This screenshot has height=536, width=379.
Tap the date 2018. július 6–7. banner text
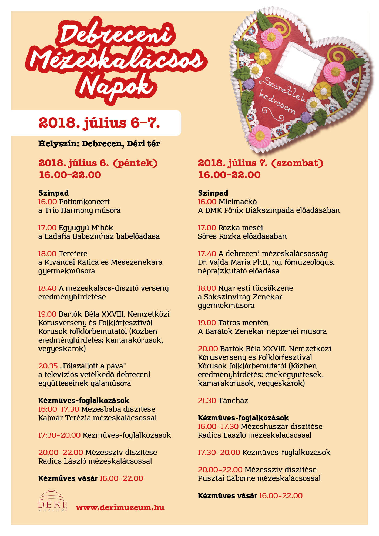pyautogui.click(x=99, y=123)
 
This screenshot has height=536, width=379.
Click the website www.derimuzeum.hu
pyautogui.click(x=120, y=507)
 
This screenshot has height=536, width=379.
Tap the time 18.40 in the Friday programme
pyautogui.click(x=47, y=288)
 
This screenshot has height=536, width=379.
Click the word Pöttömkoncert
pyautogui.click(x=84, y=202)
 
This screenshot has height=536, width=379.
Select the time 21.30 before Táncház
pyautogui.click(x=207, y=401)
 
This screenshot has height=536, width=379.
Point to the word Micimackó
pyautogui.click(x=238, y=202)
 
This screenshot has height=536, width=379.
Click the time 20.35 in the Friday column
pyautogui.click(x=48, y=366)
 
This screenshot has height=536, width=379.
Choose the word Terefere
pyautogui.click(x=73, y=254)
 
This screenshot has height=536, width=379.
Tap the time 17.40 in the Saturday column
pyautogui.click(x=207, y=254)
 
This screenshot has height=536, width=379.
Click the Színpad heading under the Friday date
pyautogui.click(x=53, y=193)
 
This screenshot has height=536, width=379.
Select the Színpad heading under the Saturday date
pyautogui.click(x=213, y=193)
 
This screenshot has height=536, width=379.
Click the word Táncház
pyautogui.click(x=233, y=401)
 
